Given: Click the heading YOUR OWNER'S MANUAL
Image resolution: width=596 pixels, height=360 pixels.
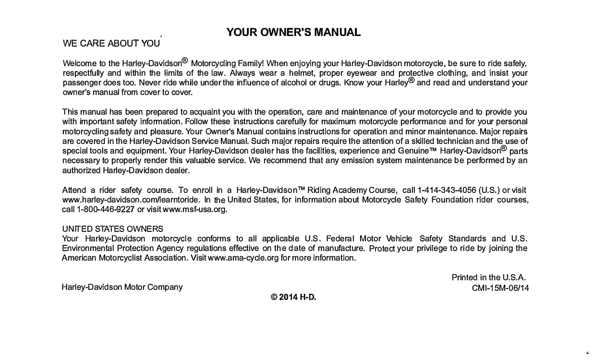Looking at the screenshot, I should point(293,33).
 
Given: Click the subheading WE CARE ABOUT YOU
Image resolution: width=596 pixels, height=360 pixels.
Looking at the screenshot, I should point(111,44).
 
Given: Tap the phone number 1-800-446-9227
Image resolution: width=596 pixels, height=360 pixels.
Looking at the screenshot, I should point(106,209).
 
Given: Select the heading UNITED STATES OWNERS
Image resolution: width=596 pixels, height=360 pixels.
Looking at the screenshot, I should point(113,229).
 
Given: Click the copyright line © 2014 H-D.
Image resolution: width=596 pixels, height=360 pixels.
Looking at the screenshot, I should point(293,297).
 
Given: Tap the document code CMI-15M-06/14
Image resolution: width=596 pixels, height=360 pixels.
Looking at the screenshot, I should point(501,288).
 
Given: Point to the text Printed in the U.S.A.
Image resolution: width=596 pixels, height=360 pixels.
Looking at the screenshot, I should point(489,277).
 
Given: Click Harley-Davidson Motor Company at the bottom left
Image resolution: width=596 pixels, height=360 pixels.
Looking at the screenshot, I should point(122,287).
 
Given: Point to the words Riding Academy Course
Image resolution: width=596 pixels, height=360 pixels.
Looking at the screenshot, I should point(353,190).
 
